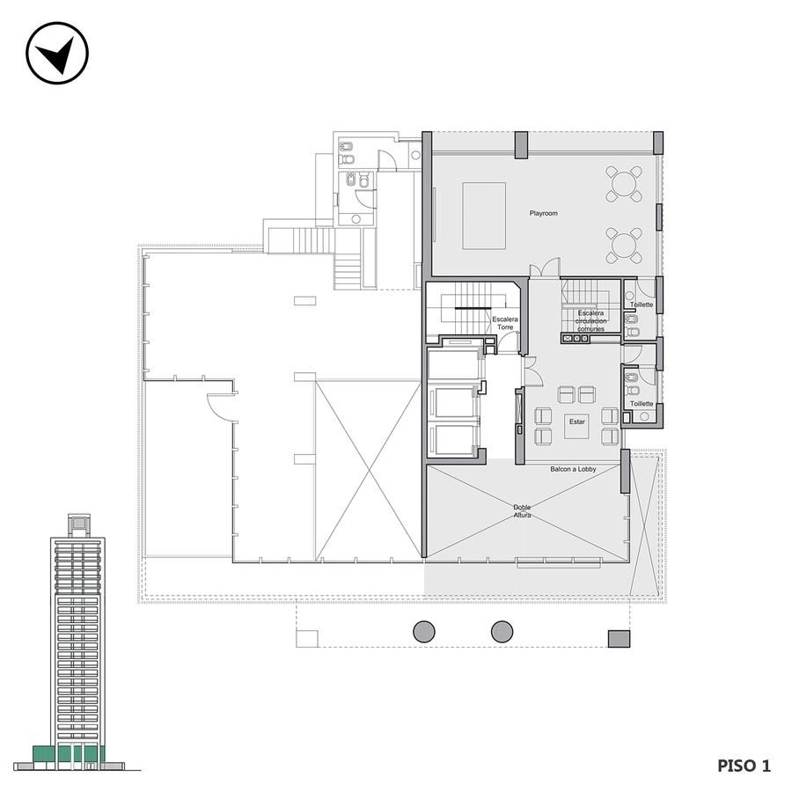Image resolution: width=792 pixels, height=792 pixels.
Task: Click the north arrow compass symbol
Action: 57,53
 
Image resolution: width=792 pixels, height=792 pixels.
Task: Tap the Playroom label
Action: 544,213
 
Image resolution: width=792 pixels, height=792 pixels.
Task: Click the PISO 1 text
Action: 744,766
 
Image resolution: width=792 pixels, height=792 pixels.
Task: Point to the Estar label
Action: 576,422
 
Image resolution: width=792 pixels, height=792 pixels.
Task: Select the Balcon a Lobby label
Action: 573,469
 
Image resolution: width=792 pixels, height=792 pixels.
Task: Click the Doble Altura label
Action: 522,511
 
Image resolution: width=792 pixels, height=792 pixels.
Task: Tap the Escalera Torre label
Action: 505,323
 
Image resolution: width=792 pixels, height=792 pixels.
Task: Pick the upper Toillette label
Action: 641,304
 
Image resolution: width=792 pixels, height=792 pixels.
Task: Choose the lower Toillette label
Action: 642,404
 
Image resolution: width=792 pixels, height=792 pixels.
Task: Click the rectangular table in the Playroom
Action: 484,216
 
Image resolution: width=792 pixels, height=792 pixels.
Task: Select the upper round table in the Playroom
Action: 624,183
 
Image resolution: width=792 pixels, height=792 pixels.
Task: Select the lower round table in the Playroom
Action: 624,246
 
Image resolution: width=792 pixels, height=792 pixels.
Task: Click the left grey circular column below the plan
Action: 424,632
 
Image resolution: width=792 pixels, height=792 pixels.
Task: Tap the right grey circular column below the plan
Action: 502,632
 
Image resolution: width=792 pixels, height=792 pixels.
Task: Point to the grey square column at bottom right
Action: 619,639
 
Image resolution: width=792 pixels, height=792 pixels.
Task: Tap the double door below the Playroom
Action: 545,268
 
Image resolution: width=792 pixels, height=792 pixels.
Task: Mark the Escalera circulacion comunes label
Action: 591,320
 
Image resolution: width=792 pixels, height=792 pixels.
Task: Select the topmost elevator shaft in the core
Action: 453,363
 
